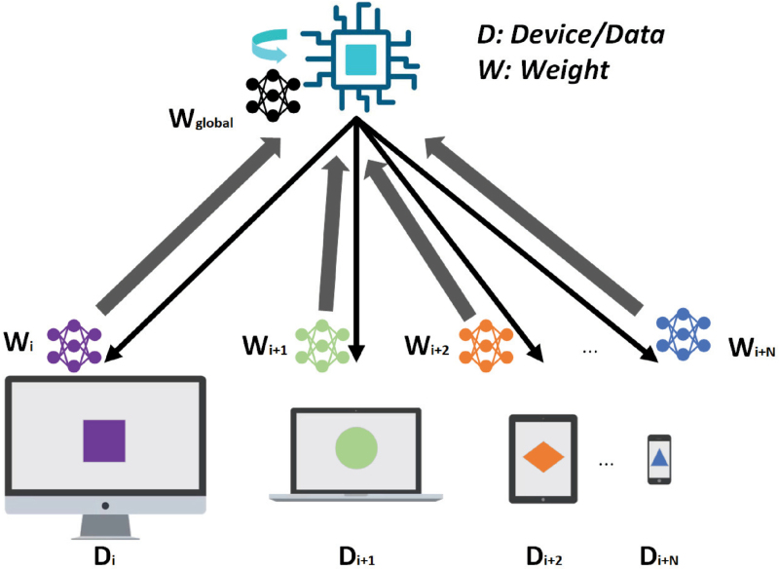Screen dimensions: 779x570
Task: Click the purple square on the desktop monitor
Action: click(x=104, y=440)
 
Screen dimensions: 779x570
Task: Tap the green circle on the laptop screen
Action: click(x=356, y=448)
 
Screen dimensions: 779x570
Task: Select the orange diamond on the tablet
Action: click(x=543, y=457)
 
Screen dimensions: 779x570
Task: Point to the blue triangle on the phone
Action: click(x=659, y=457)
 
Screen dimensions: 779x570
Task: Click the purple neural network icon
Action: click(x=74, y=346)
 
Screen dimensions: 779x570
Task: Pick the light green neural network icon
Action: click(x=322, y=346)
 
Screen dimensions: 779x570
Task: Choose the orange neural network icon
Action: click(x=486, y=346)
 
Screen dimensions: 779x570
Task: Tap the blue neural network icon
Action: click(x=684, y=334)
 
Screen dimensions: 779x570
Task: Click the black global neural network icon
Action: click(x=273, y=95)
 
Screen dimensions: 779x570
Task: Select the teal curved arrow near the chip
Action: click(x=270, y=44)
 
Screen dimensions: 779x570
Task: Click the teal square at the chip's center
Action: click(x=360, y=59)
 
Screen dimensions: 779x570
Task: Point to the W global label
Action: click(x=201, y=119)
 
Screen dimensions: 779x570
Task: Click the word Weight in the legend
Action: click(x=565, y=69)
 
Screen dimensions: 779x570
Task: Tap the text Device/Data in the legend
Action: click(x=587, y=35)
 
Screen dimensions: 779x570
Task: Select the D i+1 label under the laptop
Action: click(x=356, y=556)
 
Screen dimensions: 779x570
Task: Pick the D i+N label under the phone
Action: click(x=659, y=556)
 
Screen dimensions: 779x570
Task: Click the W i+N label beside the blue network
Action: click(x=752, y=348)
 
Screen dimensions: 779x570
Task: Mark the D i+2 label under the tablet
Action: click(x=544, y=556)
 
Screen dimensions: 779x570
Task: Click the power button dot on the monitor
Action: click(x=105, y=506)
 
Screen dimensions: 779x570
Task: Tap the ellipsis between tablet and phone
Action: click(x=606, y=465)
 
